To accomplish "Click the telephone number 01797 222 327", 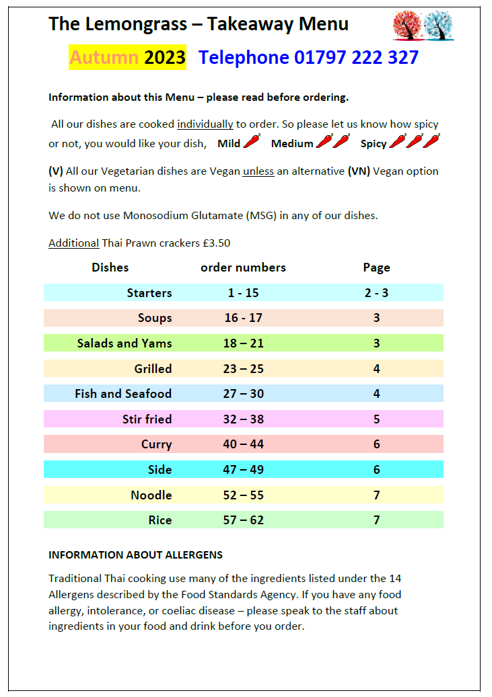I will [356, 58].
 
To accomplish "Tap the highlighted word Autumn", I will [104, 58].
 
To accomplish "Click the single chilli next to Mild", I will [251, 141].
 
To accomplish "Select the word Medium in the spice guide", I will [292, 143].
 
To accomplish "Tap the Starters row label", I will [149, 293].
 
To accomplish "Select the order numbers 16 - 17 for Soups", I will [243, 318].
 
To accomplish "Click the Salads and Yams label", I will [125, 343].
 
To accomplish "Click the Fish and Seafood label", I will [123, 394].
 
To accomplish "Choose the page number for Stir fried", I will [377, 419].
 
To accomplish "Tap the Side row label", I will [160, 470].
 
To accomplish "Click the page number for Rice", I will [377, 520].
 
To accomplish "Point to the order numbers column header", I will [243, 268].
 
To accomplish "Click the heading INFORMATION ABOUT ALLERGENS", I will [135, 555].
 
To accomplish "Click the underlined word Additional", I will [73, 243].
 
